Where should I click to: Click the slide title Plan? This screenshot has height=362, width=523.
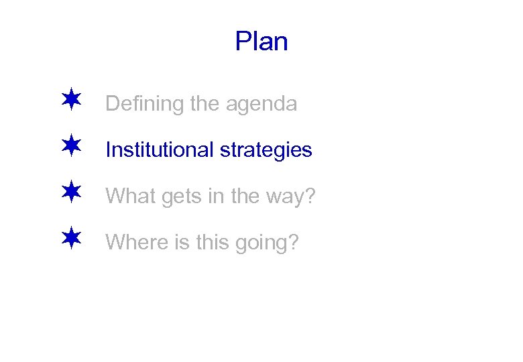click(x=261, y=42)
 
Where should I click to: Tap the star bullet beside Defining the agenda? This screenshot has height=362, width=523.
click(x=70, y=101)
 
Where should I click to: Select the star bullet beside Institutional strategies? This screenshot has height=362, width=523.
click(x=70, y=147)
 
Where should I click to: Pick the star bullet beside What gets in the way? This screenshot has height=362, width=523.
click(x=70, y=193)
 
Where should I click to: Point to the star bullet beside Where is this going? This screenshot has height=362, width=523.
click(x=70, y=239)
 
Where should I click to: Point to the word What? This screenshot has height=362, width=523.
click(x=128, y=196)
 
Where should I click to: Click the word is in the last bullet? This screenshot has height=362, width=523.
click(x=182, y=241)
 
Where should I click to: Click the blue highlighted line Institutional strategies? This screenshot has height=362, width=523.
click(x=209, y=150)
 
